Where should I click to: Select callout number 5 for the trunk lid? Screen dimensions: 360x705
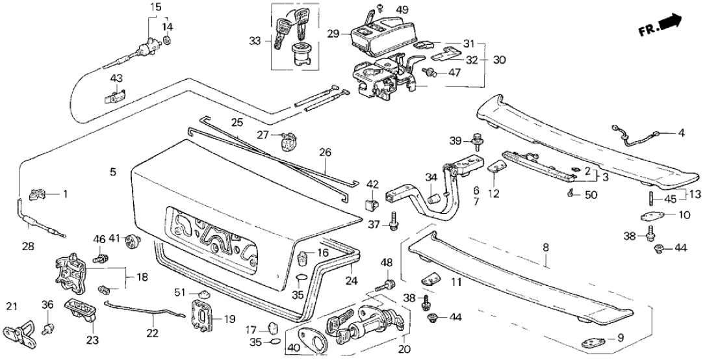coord(113,172)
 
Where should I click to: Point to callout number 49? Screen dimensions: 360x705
coord(402,10)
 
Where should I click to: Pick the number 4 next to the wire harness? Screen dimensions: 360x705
coord(681,134)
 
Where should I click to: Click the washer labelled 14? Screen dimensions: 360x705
coord(167,42)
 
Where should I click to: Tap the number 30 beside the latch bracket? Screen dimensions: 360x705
coord(498,59)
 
